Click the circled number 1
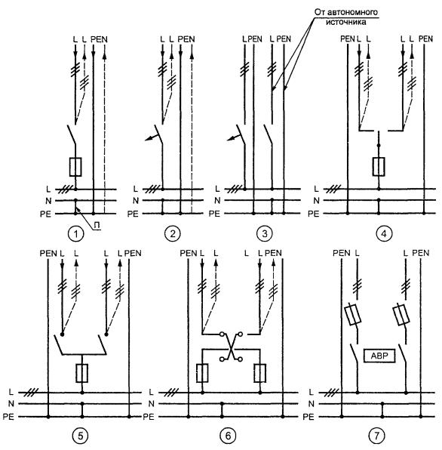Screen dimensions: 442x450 (75, 234)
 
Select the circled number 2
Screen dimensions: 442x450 (172, 233)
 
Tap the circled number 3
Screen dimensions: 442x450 (264, 233)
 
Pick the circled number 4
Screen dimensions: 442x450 (384, 233)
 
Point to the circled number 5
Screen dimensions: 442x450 (80, 436)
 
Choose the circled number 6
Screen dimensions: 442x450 (228, 436)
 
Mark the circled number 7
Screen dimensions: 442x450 (376, 436)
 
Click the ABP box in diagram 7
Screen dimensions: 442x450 (379, 356)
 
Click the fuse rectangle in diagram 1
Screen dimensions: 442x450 (75, 167)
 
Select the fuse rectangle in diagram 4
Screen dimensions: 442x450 (379, 166)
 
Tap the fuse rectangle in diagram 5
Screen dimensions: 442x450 (82, 373)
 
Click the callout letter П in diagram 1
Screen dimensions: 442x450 (97, 226)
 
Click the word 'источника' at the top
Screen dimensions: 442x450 (345, 22)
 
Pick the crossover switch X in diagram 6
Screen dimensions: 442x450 (231, 347)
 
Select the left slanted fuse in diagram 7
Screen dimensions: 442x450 (352, 316)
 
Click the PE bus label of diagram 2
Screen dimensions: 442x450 (133, 214)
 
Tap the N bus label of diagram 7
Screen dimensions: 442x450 (312, 404)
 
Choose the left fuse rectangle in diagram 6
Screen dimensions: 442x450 (202, 373)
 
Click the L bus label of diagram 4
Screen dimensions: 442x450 (316, 189)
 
